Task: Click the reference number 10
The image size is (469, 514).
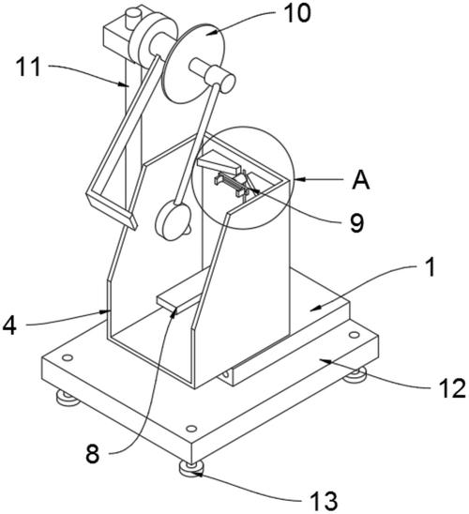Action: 297,13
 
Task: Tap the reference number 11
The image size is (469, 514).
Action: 28,67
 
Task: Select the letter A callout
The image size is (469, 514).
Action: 361,180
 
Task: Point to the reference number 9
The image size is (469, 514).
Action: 357,223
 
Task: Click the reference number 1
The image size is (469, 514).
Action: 430,267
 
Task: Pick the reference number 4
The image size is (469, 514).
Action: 9,325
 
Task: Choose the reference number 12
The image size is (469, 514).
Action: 452,388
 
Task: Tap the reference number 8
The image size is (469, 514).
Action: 92,454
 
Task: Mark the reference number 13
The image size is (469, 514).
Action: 324,501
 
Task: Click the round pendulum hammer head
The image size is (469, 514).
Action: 173,221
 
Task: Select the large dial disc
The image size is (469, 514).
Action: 193,63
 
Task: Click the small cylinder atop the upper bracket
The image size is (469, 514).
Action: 134,19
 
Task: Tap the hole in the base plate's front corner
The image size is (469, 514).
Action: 191,428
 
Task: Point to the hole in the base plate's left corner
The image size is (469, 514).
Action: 68,357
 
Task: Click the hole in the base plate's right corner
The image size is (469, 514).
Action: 354,335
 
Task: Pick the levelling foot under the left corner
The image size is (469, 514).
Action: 68,398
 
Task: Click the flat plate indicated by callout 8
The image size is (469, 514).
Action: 184,290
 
